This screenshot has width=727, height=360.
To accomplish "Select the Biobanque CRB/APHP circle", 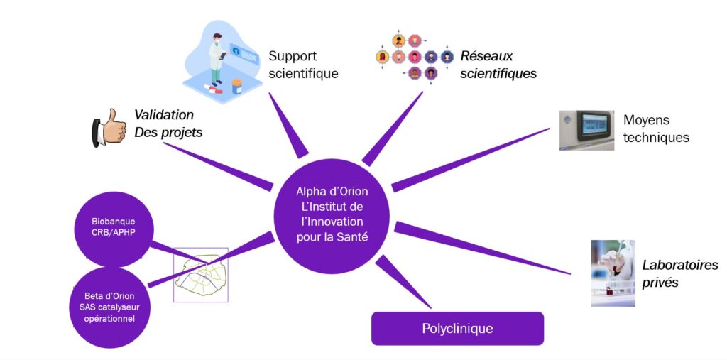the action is click(114, 227).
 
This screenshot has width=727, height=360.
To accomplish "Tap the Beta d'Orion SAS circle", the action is click(109, 307).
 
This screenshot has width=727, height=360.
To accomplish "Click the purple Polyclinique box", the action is click(457, 329).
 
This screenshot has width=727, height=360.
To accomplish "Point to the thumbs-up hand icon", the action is click(109, 128).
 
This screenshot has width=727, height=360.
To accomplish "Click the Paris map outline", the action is click(201, 275).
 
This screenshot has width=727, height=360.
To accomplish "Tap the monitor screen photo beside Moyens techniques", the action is click(586, 131).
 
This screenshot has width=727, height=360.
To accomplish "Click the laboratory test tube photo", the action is click(613, 273).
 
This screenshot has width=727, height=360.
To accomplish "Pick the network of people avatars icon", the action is click(414, 57).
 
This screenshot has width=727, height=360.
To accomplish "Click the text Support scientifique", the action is click(303, 65).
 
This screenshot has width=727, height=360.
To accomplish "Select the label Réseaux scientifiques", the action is click(498, 65).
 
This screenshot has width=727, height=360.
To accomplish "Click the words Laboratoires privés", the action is click(680, 273).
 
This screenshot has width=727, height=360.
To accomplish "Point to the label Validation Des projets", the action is click(168, 124).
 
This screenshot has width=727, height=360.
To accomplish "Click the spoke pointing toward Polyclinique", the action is click(403, 281).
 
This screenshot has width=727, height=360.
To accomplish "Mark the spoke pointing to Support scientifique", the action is click(288, 125).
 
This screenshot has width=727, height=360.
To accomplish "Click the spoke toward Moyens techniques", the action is click(471, 160).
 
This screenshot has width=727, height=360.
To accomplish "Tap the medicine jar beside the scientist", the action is click(237, 87).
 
